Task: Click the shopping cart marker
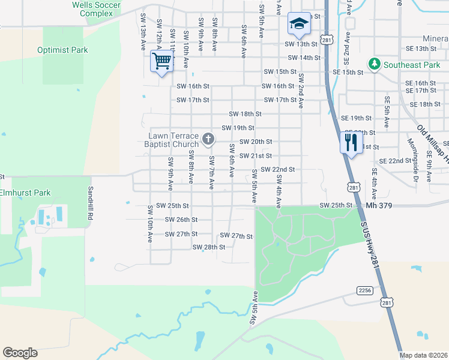click(161, 61)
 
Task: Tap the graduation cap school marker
click(298, 24)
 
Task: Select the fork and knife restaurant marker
click(351, 143)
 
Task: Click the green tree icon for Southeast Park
click(374, 64)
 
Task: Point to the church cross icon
click(208, 140)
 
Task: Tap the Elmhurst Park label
click(25, 193)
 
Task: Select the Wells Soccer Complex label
click(96, 9)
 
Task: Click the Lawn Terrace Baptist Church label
click(173, 140)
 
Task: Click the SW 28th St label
click(208, 247)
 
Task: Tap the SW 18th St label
click(245, 113)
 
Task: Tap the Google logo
click(20, 352)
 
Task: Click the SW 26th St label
click(181, 220)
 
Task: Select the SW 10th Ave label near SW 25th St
click(149, 224)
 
